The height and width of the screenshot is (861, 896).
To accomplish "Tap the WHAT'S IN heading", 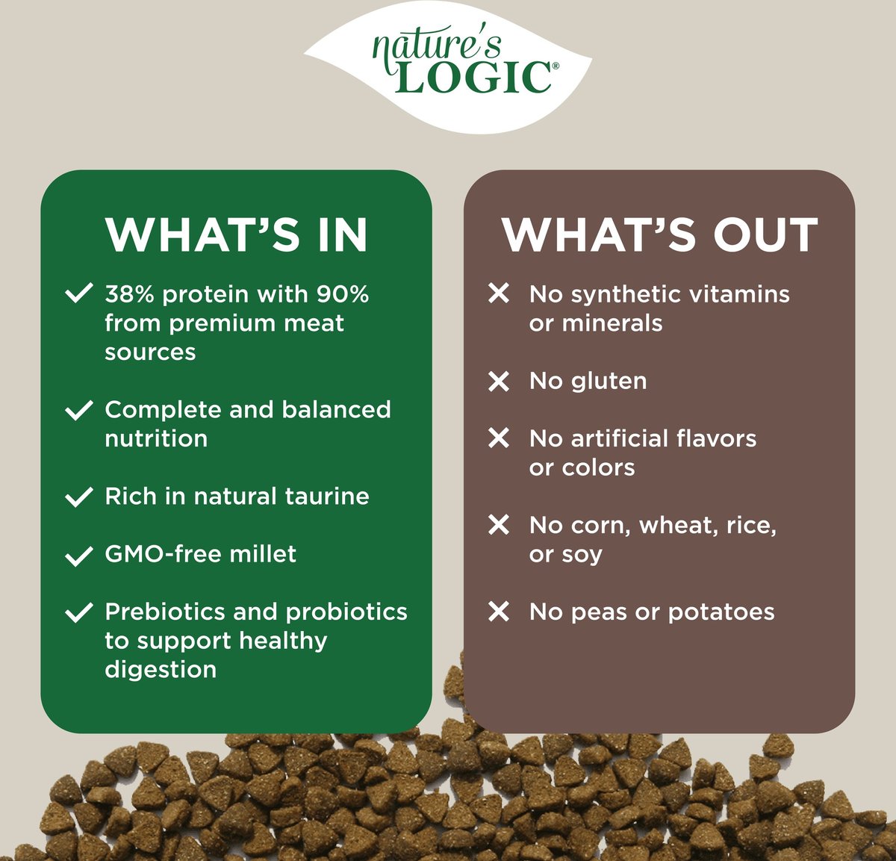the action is pos(236,234).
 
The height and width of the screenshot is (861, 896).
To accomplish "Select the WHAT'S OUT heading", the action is pos(660,234).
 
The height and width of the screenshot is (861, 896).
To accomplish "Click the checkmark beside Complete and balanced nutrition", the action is pos(79,410).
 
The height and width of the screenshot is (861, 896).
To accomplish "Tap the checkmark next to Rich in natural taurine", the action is pos(79,497).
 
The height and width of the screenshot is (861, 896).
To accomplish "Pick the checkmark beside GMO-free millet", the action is pos(79,556).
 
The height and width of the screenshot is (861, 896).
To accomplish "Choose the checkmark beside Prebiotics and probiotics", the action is pos(79,612).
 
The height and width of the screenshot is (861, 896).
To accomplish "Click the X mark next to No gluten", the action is pos(499,382).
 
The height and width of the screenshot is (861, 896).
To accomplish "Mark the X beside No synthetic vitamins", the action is pos(499,293).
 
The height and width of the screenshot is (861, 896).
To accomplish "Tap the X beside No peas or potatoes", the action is pos(499,612).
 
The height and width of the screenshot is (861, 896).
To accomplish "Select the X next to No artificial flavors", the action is pos(499,438).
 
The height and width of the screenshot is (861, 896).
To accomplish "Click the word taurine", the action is pos(327,497).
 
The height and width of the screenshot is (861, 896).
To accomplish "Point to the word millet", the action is pos(263,553).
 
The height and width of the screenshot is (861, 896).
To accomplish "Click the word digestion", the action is pos(161,671).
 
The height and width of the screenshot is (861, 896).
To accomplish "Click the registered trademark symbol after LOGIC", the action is pos(556,66).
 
